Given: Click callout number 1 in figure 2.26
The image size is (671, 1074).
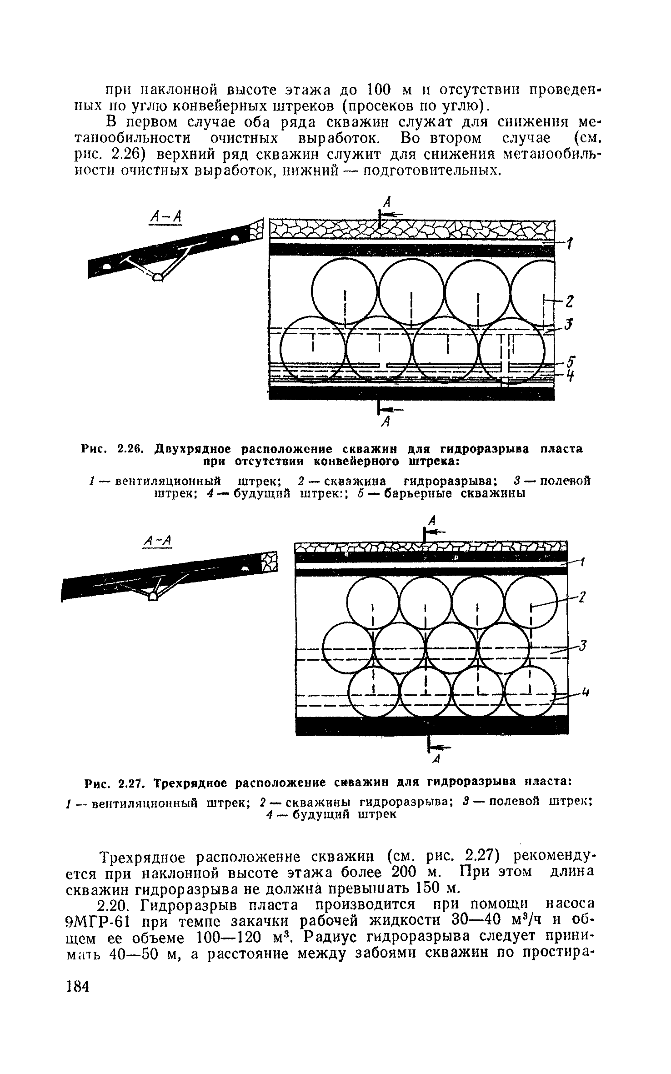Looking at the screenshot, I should (x=569, y=245).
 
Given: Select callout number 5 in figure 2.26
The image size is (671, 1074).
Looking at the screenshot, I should (x=571, y=362).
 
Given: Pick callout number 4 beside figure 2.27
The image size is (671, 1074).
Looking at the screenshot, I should (x=586, y=693).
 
